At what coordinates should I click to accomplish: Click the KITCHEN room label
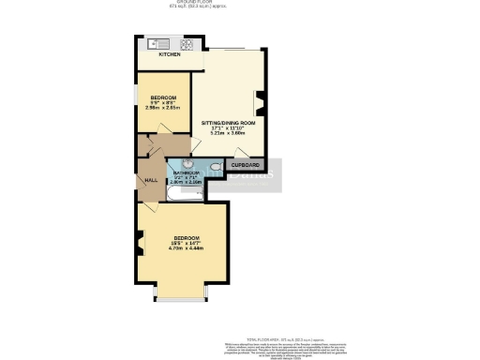click(169, 55)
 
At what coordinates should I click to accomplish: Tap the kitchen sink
click(156, 43)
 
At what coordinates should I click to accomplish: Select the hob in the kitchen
click(187, 43)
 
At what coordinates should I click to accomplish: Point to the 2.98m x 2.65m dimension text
click(164, 109)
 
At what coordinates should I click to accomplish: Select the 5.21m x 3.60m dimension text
click(228, 133)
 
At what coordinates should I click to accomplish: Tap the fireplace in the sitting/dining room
click(260, 101)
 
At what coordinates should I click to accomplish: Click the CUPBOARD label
click(240, 166)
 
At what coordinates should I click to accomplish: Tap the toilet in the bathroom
click(215, 167)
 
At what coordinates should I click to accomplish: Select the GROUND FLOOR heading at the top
click(240, 3)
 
